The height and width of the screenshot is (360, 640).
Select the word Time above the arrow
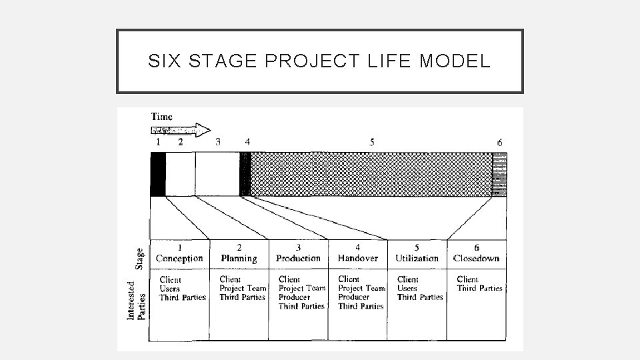162,117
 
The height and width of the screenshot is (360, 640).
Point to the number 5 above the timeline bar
371,141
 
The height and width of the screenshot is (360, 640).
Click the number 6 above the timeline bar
499,142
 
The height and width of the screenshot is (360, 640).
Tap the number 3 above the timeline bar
218,141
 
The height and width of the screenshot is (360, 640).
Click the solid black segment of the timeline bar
158,174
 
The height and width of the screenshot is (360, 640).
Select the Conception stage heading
179,258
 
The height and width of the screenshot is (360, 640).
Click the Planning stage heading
239,258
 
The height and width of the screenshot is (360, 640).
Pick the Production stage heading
298,258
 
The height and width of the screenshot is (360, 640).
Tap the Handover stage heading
357,258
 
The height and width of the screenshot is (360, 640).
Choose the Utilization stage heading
417,258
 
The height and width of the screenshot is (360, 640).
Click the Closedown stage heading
476,258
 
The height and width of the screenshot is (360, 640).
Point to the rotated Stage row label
140,258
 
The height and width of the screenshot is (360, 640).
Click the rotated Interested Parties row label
136,299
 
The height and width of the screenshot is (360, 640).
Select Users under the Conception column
169,289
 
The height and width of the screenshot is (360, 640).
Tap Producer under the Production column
294,297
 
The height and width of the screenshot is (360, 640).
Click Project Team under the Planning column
243,289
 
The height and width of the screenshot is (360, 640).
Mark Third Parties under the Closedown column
479,289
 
